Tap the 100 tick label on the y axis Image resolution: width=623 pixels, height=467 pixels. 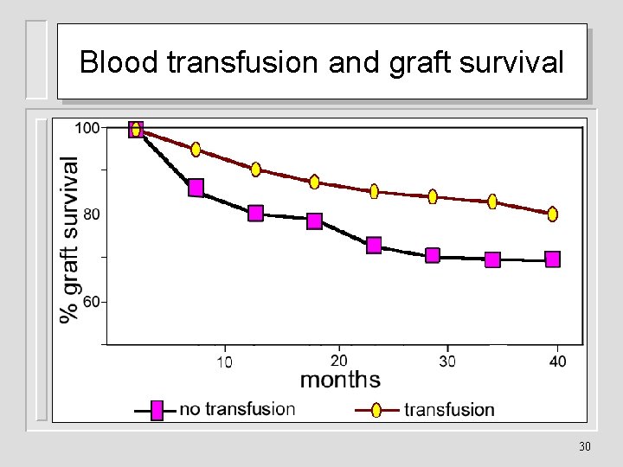pyautogui.click(x=87, y=128)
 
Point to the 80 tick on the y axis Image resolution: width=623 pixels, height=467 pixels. pyautogui.click(x=91, y=214)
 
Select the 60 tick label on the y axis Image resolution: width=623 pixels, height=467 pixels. pyautogui.click(x=91, y=302)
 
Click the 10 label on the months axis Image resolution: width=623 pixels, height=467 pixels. pyautogui.click(x=223, y=361)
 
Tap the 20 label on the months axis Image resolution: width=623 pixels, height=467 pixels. pyautogui.click(x=339, y=360)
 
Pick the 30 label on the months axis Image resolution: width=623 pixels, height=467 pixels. pyautogui.click(x=446, y=361)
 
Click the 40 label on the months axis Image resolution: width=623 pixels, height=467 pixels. pyautogui.click(x=558, y=361)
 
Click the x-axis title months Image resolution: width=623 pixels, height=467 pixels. pyautogui.click(x=340, y=380)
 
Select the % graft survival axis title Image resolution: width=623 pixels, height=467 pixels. pyautogui.click(x=69, y=239)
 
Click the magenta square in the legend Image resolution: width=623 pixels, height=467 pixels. pyautogui.click(x=157, y=411)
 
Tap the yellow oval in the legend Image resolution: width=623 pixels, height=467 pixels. pyautogui.click(x=376, y=410)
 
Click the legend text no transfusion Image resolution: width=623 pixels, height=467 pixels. pyautogui.click(x=237, y=409)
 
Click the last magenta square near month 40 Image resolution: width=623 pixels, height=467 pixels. pyautogui.click(x=552, y=259)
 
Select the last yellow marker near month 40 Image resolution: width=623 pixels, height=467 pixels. pyautogui.click(x=552, y=214)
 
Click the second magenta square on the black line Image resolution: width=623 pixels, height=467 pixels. pyautogui.click(x=196, y=188)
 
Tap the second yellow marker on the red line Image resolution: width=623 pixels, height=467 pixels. pyautogui.click(x=196, y=150)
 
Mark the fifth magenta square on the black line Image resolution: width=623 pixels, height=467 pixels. pyautogui.click(x=374, y=246)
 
